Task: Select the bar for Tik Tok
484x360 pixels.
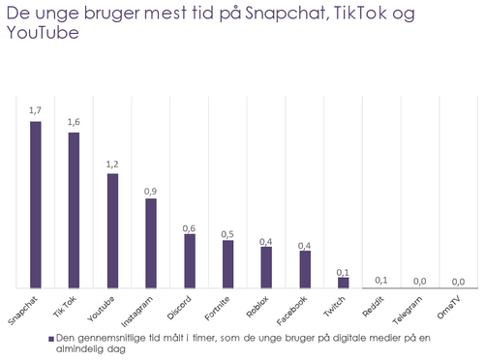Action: coord(74,210)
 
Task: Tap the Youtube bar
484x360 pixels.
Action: coord(112,231)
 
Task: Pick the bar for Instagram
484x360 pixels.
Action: coord(151,243)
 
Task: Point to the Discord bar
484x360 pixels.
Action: coord(190,260)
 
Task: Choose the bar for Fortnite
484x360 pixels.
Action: coord(227,264)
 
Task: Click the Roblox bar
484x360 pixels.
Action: coord(266,267)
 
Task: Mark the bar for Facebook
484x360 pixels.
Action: coord(305,268)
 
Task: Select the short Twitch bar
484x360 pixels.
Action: coord(343,283)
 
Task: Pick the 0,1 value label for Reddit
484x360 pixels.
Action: coord(381,280)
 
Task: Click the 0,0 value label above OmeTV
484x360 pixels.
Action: coord(459,281)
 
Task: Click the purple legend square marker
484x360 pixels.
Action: coord(49,340)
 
